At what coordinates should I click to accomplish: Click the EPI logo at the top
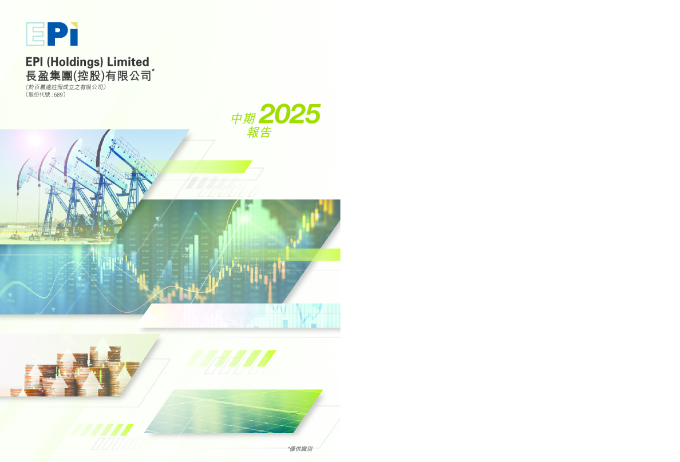[x=52, y=34]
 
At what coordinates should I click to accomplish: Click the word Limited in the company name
[x=129, y=62]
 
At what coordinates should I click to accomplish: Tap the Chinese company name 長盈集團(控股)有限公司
[x=88, y=75]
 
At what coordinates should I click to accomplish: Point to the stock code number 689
[x=58, y=94]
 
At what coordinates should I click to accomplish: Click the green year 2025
[x=289, y=114]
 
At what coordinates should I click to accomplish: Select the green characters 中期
[x=243, y=118]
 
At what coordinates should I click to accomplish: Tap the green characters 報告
[x=259, y=132]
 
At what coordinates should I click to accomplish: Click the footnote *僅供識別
[x=299, y=449]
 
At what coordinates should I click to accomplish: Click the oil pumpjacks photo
[x=86, y=183]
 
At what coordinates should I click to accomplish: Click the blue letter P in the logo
[x=56, y=34]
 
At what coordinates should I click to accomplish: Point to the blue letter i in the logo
[x=73, y=35]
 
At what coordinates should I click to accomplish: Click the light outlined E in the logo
[x=35, y=34]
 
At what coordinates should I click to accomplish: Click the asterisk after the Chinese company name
[x=153, y=69]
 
